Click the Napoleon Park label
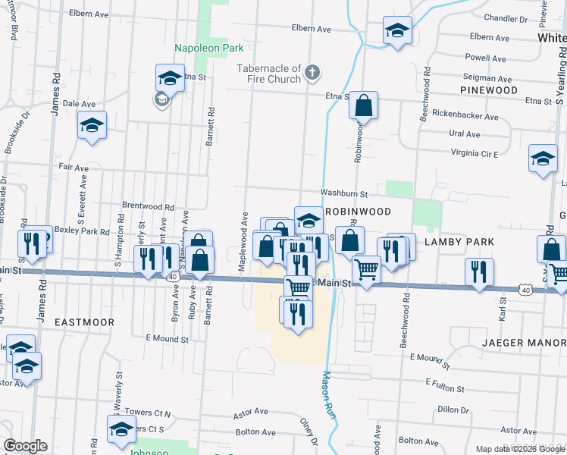point(208,48)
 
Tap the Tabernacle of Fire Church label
point(268,73)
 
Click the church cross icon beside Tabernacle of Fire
point(312,73)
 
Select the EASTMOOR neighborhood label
point(84,322)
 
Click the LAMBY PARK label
point(459,242)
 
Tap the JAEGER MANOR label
point(524,343)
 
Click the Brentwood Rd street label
point(149,206)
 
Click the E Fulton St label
point(444,388)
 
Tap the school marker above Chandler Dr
point(397,31)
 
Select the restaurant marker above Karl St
point(479,272)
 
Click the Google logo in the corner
point(25,446)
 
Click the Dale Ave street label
point(79,104)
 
